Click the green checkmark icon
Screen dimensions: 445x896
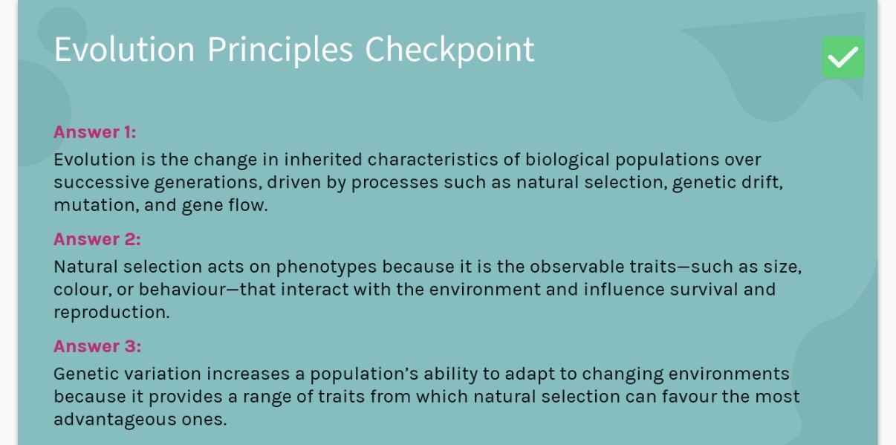point(843,57)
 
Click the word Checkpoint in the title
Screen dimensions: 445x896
point(449,50)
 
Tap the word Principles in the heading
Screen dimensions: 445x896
point(280,50)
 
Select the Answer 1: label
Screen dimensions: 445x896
point(94,132)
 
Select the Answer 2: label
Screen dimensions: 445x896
point(97,239)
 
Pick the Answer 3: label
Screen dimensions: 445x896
point(97,346)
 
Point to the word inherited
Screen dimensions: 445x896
point(323,160)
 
